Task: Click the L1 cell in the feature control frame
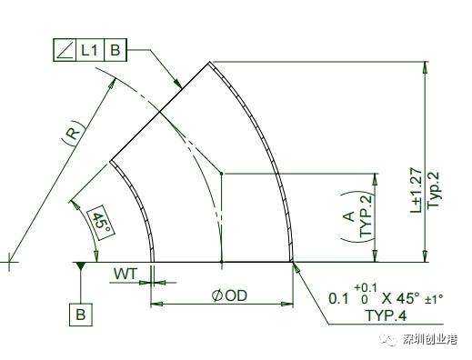click(90, 50)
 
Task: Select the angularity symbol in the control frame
click(65, 50)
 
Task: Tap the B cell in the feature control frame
click(115, 50)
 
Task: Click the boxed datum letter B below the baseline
click(81, 315)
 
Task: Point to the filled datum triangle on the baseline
click(80, 265)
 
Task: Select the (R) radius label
click(74, 133)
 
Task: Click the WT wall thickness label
click(126, 274)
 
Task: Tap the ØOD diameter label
click(229, 295)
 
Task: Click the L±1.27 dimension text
click(416, 190)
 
